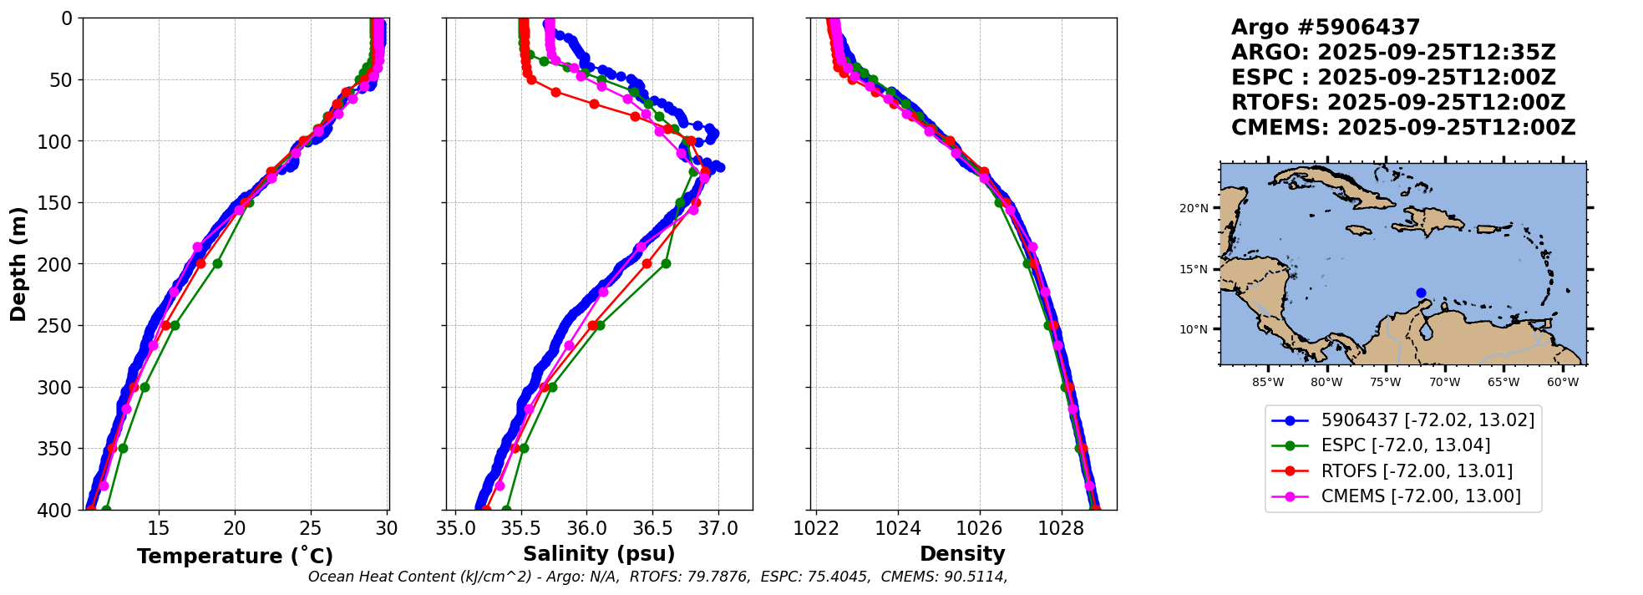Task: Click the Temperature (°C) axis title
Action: point(235,557)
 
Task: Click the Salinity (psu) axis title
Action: point(599,554)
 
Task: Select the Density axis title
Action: point(962,554)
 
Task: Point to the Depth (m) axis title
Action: point(18,263)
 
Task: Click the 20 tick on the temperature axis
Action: point(235,529)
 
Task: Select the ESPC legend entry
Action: point(1405,445)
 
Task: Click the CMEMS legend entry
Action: point(1420,496)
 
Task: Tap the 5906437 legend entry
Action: point(1427,420)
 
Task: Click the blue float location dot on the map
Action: point(1421,292)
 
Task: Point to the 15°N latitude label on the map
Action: point(1193,269)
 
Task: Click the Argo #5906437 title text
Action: point(1326,28)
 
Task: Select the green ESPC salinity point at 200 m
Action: point(666,263)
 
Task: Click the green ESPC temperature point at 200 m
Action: point(217,263)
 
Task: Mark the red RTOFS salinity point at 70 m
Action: point(594,104)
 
